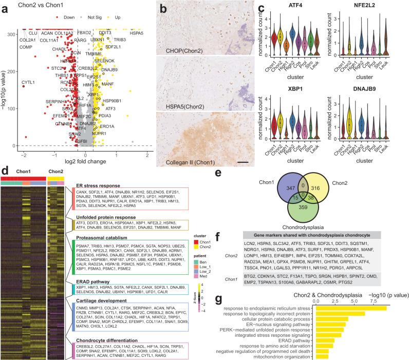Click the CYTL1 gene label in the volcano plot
coord(28,82)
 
